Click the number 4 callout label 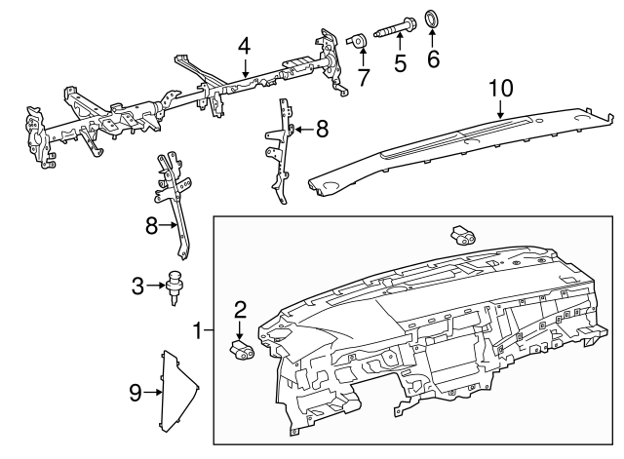click(x=244, y=45)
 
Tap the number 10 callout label click(x=499, y=88)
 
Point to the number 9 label click(x=136, y=393)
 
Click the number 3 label click(x=138, y=286)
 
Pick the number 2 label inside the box click(x=240, y=310)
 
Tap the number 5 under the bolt click(x=399, y=64)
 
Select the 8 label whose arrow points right click(x=152, y=225)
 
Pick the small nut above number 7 click(x=358, y=40)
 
